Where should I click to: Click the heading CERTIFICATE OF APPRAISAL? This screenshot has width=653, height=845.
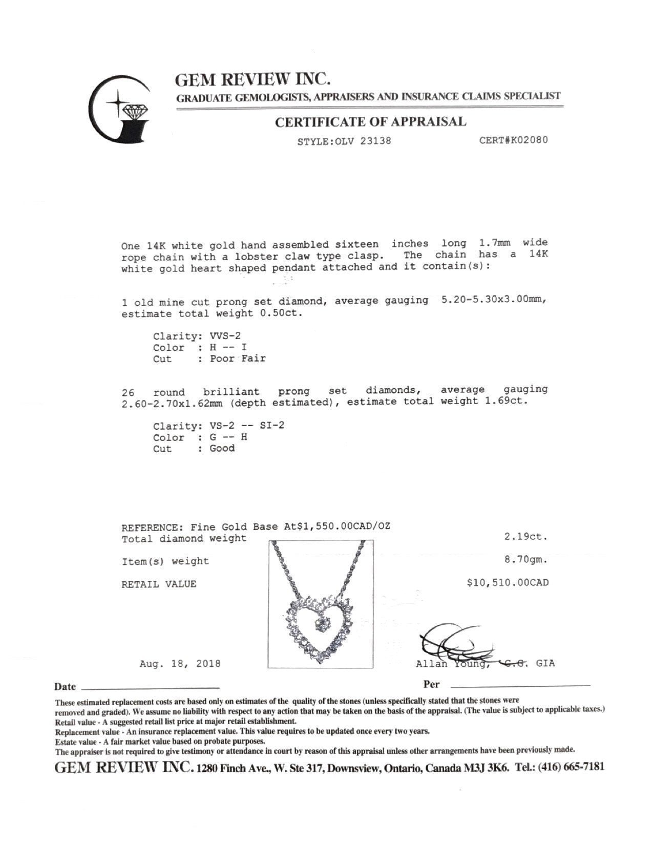370,122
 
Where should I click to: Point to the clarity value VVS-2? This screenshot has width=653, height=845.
225,336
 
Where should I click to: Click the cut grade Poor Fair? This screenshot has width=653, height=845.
238,358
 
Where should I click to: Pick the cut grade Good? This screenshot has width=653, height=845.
222,448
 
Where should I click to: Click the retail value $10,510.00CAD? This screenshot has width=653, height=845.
508,583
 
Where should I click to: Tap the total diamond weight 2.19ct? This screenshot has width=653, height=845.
526,537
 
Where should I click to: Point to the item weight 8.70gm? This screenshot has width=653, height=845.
526,560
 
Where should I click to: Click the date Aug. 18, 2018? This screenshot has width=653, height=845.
180,664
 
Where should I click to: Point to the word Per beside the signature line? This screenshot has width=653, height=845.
431,685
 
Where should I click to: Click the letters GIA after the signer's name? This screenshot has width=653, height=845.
545,663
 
